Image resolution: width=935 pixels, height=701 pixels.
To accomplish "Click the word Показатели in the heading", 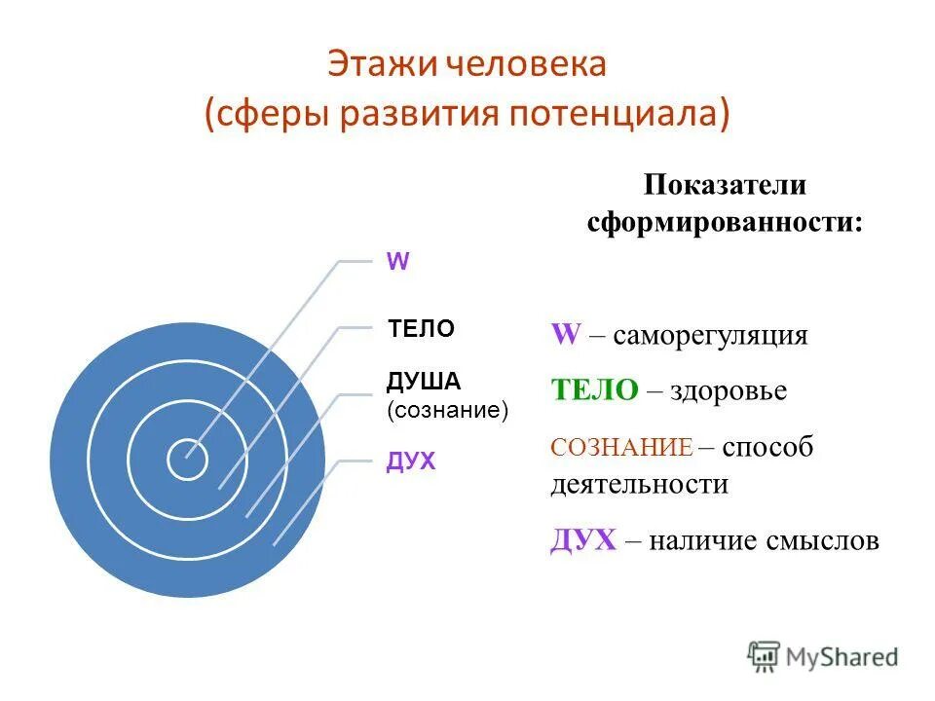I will [x=725, y=186].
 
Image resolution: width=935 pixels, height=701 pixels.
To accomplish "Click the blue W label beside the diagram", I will [x=398, y=261].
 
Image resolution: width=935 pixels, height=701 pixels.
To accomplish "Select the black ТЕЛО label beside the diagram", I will [x=421, y=329].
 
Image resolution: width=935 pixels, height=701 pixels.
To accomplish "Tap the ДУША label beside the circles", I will [x=424, y=381].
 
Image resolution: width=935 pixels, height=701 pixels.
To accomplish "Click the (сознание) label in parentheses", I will [x=448, y=410].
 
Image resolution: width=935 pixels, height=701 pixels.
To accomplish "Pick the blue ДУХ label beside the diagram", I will [x=411, y=461].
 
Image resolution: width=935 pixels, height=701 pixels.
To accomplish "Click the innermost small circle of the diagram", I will [x=186, y=460].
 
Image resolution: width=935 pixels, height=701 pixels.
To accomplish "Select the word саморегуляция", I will [x=724, y=336].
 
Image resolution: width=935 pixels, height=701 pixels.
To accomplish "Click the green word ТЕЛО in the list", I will [x=594, y=390].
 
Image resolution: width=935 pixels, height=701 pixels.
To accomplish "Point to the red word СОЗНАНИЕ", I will [x=621, y=448].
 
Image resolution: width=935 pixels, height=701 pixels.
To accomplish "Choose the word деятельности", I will [x=639, y=484].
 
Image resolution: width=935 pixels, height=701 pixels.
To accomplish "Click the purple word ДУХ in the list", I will [x=583, y=540].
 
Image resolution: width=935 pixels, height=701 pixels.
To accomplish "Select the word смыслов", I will [x=829, y=540].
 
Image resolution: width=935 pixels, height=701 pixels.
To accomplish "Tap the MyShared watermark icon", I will [x=764, y=655].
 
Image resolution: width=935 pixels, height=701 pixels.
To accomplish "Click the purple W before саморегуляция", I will [x=566, y=335].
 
